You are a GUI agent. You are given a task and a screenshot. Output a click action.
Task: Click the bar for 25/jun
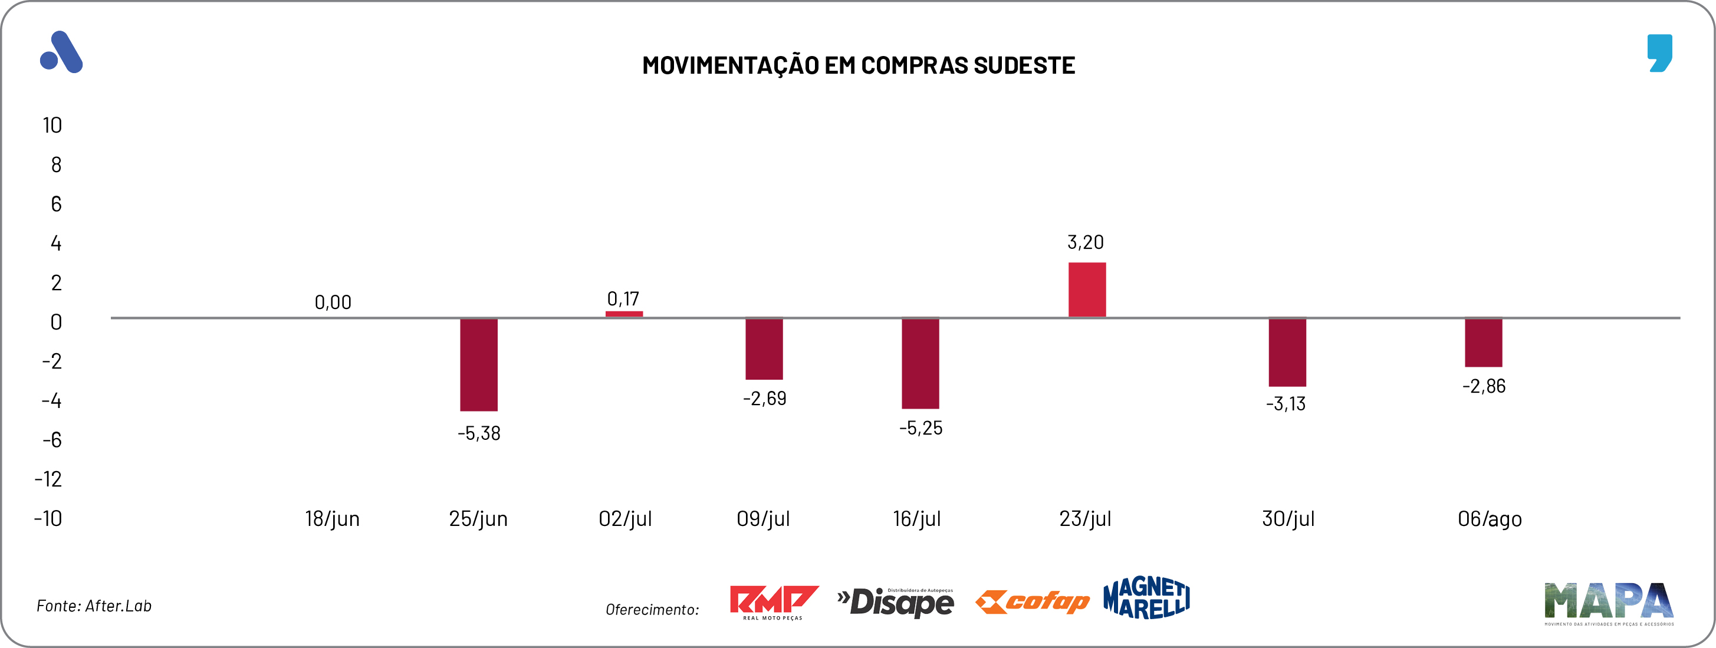point(478,364)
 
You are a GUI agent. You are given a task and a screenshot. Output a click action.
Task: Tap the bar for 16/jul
point(920,363)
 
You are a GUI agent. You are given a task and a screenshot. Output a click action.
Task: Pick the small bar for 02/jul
point(623,314)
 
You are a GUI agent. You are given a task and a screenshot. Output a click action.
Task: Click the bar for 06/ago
point(1483,343)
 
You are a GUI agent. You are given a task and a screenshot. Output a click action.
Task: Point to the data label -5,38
point(478,433)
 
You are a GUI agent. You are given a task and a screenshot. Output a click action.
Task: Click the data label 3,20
point(1085,242)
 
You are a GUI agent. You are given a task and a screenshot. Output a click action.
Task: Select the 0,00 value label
point(333,302)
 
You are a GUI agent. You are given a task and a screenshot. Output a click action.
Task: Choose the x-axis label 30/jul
point(1288,519)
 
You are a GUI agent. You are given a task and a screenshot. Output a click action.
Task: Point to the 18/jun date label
point(332,519)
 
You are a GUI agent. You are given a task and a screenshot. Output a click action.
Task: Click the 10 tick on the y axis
point(52,125)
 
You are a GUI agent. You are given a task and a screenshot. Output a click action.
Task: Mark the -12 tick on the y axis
point(48,479)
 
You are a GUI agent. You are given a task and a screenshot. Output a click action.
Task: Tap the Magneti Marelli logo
point(1146,598)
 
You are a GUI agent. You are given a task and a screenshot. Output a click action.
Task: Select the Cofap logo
point(1032,601)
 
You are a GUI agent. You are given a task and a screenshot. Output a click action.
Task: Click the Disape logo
point(895,602)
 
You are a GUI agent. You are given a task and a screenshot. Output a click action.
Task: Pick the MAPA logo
point(1608,603)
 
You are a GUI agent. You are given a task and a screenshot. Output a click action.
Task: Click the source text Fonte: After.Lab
point(94,606)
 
